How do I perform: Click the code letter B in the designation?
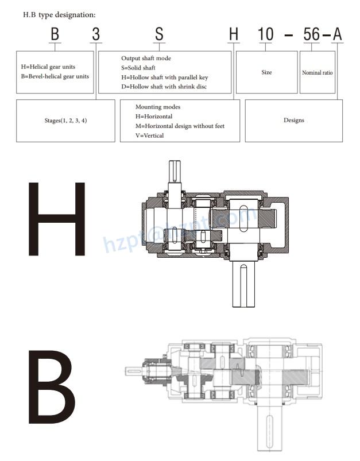tap(55, 34)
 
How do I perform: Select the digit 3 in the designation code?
tap(96, 34)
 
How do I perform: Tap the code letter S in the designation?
tap(159, 34)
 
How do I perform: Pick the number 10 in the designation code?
tap(265, 34)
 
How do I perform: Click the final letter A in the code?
tap(337, 34)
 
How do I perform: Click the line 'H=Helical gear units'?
tap(48, 67)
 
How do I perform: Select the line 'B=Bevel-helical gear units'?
tap(55, 76)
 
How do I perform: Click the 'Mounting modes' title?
tap(158, 107)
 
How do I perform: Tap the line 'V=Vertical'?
tap(150, 135)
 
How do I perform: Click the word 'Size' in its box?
tap(266, 73)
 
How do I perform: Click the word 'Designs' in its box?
tap(294, 121)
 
